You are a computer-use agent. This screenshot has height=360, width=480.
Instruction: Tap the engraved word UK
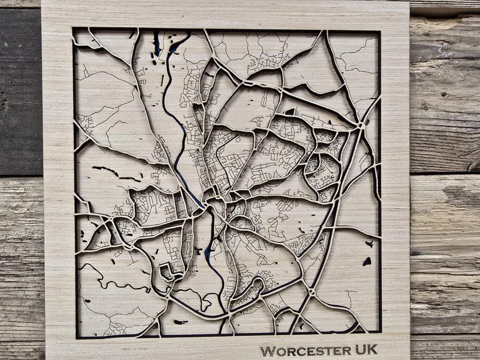pos(365,350)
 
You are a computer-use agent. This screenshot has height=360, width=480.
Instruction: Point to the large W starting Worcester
pos(267,350)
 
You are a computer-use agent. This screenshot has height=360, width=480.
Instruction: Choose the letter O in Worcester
pos(279,351)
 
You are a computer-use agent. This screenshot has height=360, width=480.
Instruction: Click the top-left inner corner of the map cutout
pos(74,28)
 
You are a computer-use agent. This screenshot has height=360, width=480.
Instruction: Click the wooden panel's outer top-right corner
pos(409,2)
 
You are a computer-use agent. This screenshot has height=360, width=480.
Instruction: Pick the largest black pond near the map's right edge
pos(366,262)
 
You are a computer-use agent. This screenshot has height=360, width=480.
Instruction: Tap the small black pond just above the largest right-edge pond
pos(368,244)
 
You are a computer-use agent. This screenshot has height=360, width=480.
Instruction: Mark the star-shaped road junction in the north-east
pos(360,124)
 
